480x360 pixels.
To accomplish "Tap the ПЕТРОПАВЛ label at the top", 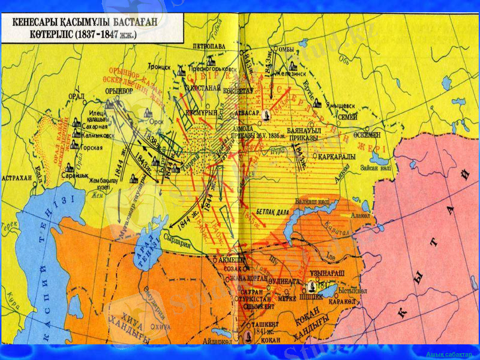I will click(209, 46).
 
